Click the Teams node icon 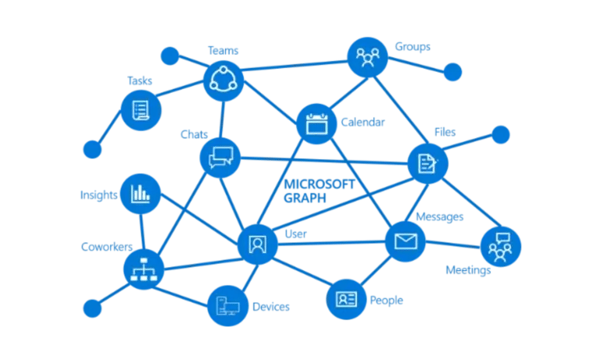point(224,80)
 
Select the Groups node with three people point(368,56)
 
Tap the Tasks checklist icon point(141,110)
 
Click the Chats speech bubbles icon point(220,158)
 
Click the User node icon point(257,244)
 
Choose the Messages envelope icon point(405,241)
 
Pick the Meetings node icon point(500,245)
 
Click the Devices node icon point(228,305)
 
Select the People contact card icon point(346,299)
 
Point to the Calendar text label point(363,123)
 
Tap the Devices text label point(270,307)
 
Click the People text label point(387,300)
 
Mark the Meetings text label point(467,270)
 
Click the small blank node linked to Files point(500,135)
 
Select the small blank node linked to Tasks point(93,148)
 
